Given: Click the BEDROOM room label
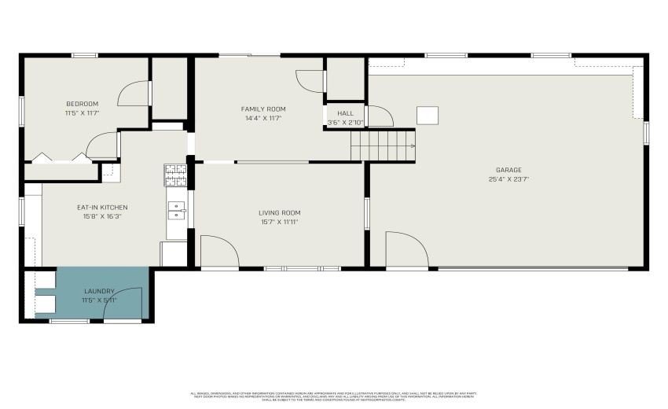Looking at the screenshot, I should point(82,105).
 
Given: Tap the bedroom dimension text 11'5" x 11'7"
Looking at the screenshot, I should point(82,113).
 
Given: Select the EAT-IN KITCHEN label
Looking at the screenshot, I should point(102,208).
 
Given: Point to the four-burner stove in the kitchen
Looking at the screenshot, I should point(174,175).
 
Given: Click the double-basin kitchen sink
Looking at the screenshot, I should point(176,210).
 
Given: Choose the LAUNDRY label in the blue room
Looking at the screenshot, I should point(98,291).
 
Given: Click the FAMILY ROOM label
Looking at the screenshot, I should point(263,109).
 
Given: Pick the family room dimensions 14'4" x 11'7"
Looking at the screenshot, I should point(263,118).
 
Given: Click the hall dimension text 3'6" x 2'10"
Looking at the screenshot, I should point(346,122).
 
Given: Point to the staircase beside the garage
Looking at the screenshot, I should point(382,146).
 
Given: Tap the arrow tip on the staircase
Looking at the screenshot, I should point(413,146).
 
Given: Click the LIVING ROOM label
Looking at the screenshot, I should point(280,213).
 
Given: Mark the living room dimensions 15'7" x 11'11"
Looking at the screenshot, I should point(280,222).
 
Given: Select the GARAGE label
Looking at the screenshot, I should point(508,170).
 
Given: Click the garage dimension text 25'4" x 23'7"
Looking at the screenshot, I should point(508,179).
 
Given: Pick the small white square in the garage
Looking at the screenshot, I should point(428,116).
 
